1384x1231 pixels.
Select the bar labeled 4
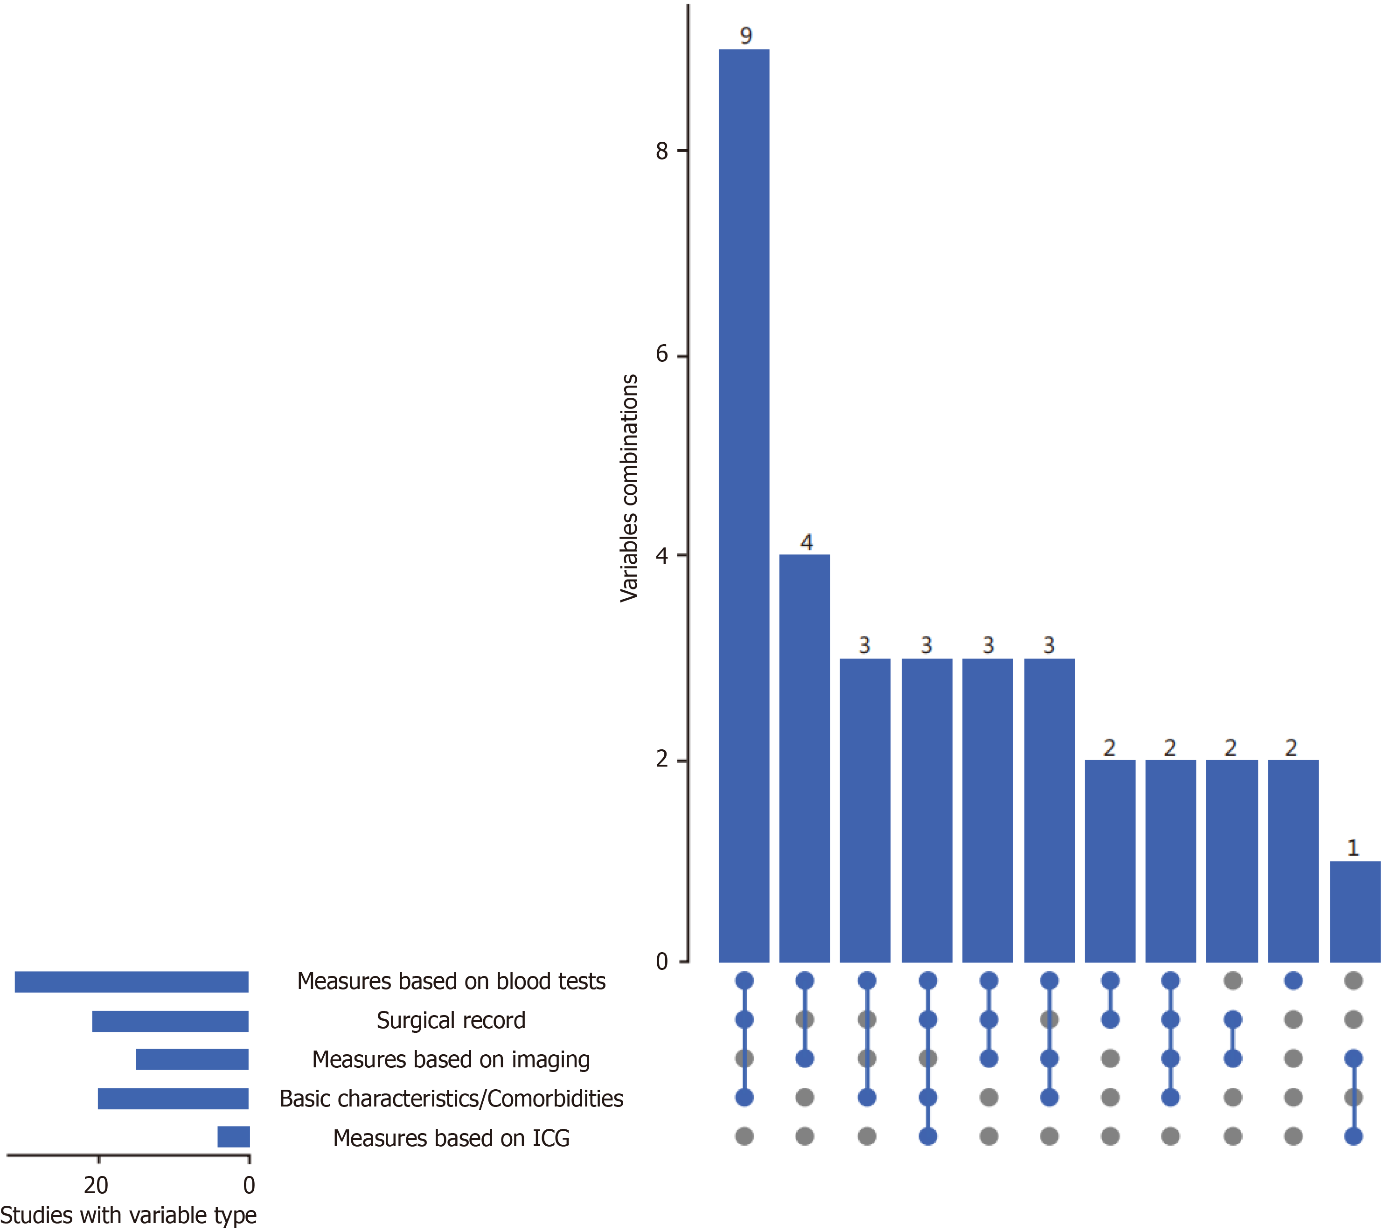coord(804,758)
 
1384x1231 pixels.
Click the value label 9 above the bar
coord(745,35)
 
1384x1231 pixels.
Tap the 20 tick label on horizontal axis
coord(96,1184)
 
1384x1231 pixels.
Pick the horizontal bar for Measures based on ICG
coord(234,1137)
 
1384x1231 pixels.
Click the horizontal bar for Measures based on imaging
coord(192,1059)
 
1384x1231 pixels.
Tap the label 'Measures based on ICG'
coord(451,1138)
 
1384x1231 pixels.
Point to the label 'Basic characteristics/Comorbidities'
coord(451,1099)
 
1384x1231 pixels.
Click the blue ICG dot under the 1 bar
coord(1354,1136)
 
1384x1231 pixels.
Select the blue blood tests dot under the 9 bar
coord(744,981)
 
